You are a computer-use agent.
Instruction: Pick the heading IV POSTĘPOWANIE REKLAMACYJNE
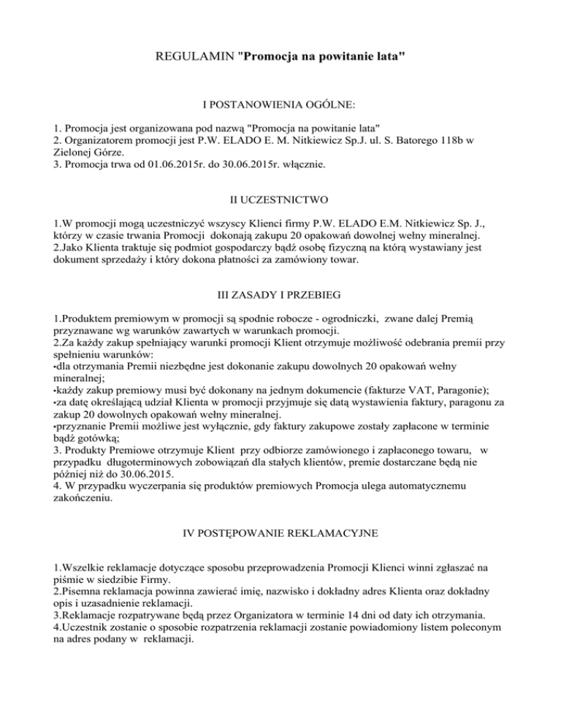point(280,534)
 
